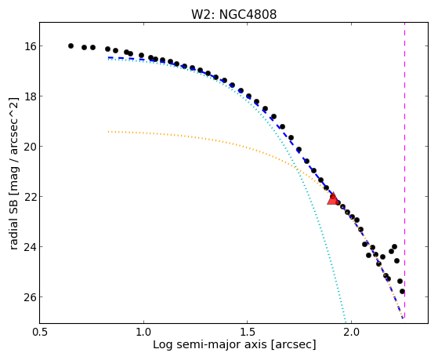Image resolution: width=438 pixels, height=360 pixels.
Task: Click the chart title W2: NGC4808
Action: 233,14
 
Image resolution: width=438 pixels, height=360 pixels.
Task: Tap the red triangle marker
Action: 333,198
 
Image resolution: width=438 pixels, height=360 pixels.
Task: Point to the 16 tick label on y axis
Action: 28,45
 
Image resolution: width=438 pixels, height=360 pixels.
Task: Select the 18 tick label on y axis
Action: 28,96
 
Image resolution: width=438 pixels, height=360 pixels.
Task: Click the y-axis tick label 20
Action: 28,147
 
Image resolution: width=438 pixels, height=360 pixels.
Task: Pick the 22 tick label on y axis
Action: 28,196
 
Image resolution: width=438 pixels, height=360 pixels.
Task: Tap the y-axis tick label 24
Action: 28,247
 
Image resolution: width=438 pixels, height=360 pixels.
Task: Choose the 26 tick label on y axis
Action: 28,296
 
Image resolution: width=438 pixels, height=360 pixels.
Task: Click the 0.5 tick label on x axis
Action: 40,333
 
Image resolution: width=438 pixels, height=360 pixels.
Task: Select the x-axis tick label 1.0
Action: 143,333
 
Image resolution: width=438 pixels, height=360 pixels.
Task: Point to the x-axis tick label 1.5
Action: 248,333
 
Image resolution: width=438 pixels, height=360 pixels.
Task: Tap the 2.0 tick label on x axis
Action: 351,333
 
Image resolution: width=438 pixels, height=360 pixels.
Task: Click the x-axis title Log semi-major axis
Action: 210,344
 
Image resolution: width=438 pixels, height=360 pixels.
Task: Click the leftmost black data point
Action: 71,45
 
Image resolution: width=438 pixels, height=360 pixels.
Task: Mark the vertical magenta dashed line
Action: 405,170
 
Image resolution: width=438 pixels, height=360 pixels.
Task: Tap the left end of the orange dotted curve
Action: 108,132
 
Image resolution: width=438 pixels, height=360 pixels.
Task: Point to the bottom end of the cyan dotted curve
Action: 346,322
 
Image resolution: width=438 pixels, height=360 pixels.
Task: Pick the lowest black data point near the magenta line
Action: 402,292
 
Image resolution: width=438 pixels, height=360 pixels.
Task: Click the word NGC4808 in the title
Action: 248,14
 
